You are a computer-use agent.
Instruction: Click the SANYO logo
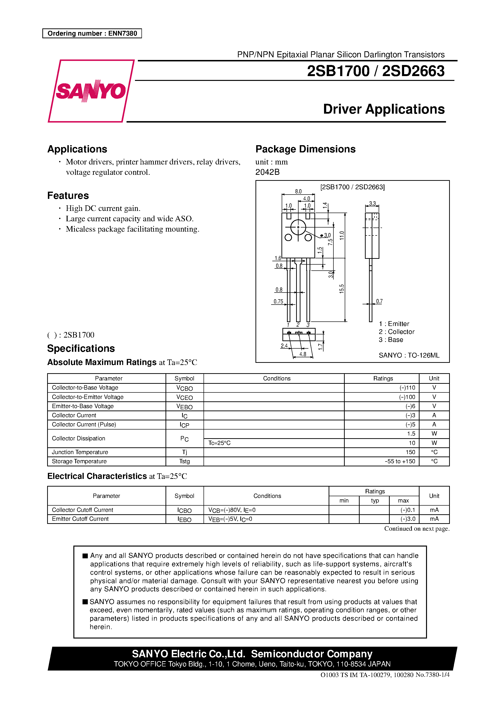(x=91, y=91)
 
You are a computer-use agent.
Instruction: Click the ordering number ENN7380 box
(x=92, y=33)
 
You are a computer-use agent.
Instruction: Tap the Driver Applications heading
(x=384, y=109)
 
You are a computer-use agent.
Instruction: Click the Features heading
(x=68, y=196)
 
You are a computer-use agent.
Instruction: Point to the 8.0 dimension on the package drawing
(x=298, y=191)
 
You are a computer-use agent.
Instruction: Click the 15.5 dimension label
(x=342, y=289)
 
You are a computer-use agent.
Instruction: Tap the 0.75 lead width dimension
(x=278, y=301)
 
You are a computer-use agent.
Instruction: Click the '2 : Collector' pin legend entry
(x=396, y=332)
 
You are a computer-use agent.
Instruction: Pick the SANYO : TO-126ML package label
(x=409, y=355)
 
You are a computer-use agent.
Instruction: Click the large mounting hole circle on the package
(x=298, y=228)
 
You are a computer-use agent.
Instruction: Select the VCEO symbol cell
(x=185, y=397)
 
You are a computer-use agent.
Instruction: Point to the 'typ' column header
(x=375, y=501)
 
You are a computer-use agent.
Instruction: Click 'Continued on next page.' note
(x=417, y=529)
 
